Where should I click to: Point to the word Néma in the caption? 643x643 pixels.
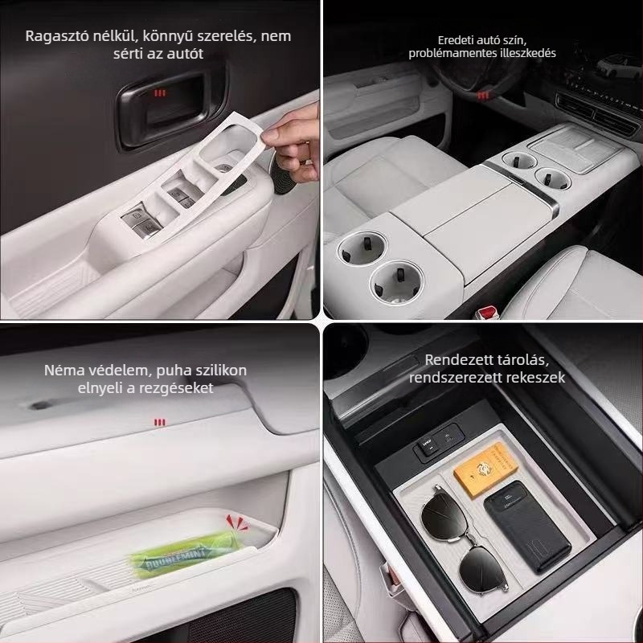[x=63, y=371]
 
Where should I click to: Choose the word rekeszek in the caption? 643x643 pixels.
[x=537, y=377]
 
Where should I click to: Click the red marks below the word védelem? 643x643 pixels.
[x=160, y=421]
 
